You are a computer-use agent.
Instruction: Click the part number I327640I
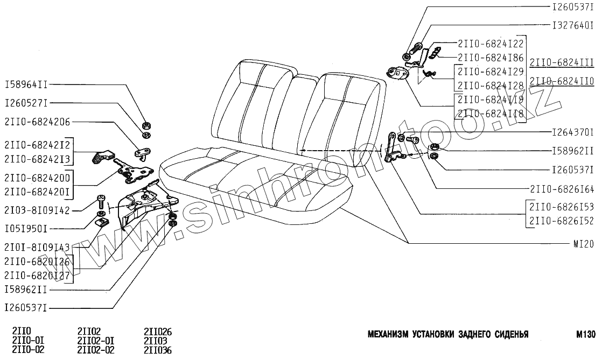click(573, 25)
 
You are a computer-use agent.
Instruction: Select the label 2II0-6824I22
click(490, 44)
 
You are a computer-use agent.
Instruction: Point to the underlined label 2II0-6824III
click(562, 63)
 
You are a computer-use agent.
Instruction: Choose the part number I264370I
click(573, 132)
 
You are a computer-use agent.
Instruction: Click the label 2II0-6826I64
click(562, 189)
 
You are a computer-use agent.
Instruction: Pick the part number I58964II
click(26, 85)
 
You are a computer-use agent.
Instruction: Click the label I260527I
click(26, 103)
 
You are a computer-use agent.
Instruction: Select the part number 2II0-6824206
click(37, 122)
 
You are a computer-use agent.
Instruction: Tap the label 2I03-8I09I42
click(37, 210)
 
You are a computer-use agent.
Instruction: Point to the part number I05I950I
click(26, 229)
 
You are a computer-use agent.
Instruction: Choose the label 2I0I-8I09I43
click(37, 248)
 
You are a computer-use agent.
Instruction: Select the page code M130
click(584, 334)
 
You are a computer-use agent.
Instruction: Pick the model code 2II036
click(158, 349)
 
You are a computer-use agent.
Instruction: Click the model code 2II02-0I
click(96, 341)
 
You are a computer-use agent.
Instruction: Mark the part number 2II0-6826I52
click(562, 220)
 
